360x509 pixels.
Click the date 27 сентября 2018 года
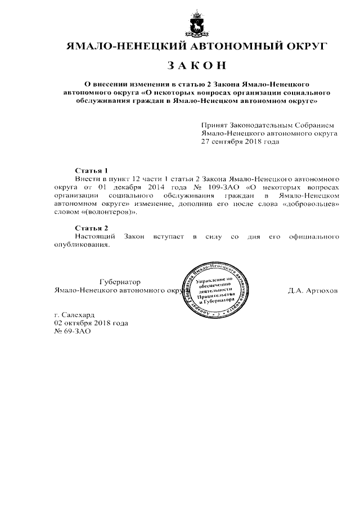[x=240, y=142]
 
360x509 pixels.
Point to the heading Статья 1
[x=91, y=169]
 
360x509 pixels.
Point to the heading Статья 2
[x=91, y=227]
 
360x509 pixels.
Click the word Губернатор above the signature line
[x=120, y=281]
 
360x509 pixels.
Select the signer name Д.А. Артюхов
[x=313, y=291]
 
